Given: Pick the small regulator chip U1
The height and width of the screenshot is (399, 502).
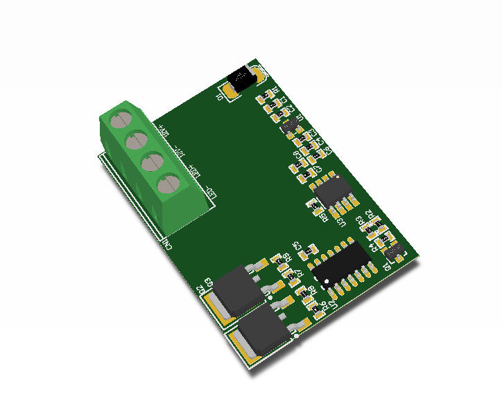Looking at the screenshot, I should click(290, 126).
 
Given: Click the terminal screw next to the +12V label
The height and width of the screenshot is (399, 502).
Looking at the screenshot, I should click(121, 118).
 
